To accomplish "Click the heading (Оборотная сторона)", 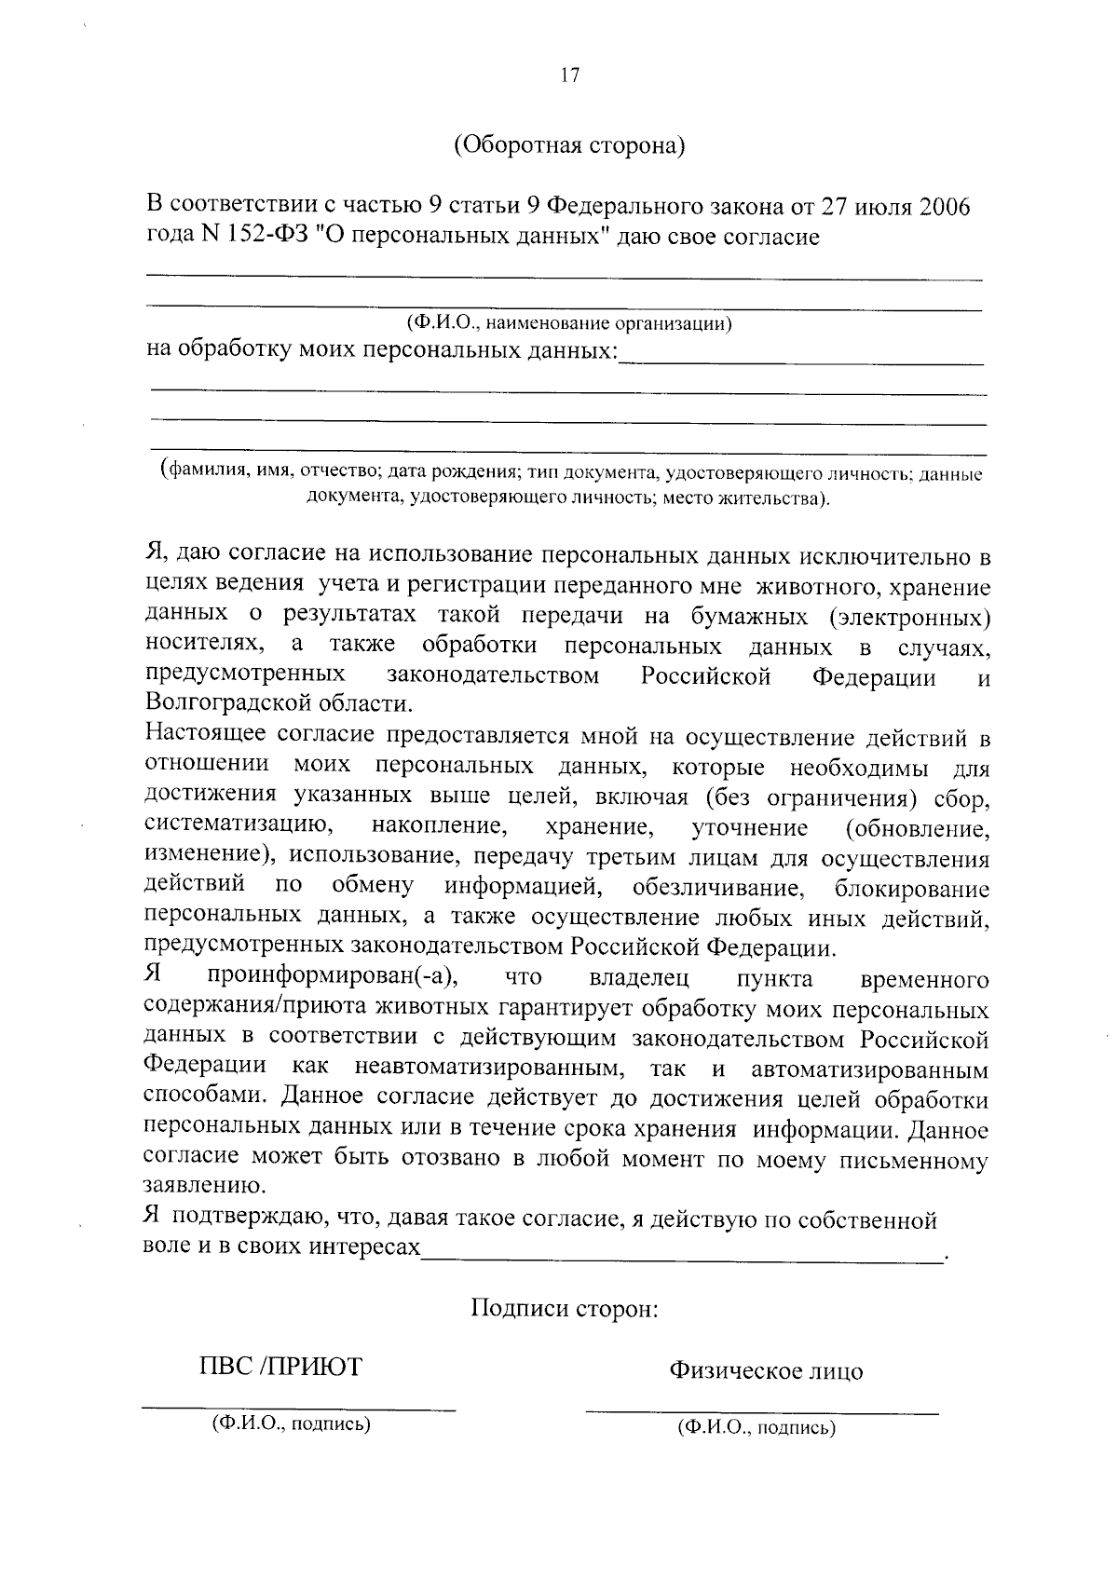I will tap(569, 146).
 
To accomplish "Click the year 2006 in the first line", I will tap(944, 206).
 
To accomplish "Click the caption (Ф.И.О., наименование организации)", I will tap(569, 323).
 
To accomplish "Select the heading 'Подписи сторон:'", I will tap(565, 1308).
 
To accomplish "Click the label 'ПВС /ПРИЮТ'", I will tap(280, 1368).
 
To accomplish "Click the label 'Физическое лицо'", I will tap(765, 1370).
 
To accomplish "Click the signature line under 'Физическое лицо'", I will tap(761, 1412).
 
